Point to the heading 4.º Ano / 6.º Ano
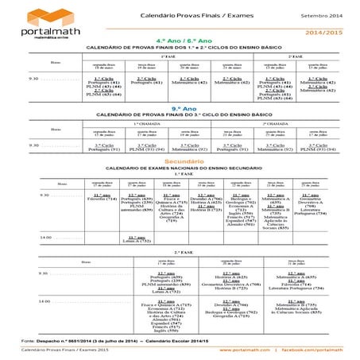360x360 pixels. click(180, 41)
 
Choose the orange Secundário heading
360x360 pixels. click(180, 161)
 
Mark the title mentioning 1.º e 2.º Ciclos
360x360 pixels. click(180, 48)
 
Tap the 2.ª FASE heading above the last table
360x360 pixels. click(180, 230)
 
